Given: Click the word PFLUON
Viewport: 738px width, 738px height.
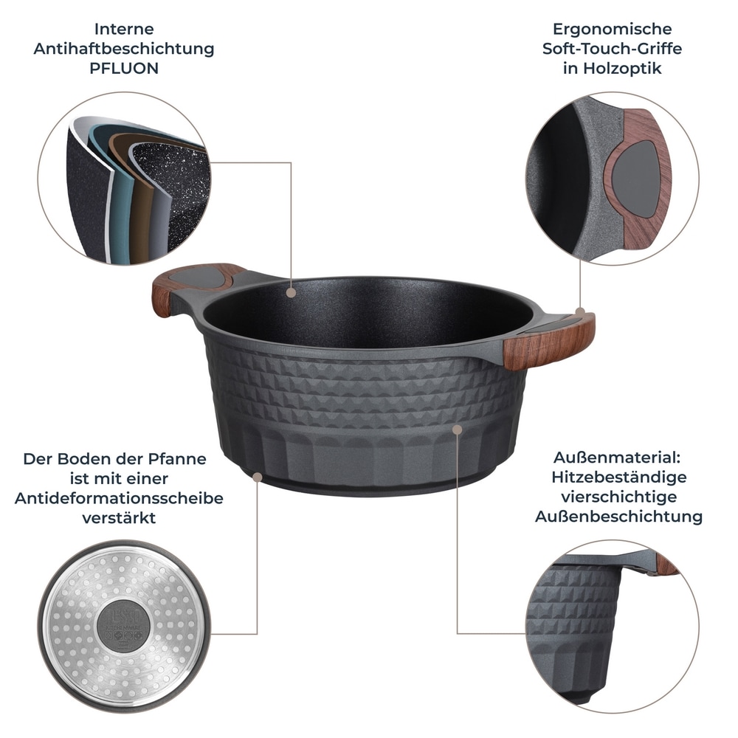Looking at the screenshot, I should tap(124, 69).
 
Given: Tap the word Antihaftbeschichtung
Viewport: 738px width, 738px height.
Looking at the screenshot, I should tap(124, 49).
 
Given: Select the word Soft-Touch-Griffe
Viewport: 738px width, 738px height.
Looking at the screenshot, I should tap(612, 49).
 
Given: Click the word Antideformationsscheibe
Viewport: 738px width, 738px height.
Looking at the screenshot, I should tap(119, 498).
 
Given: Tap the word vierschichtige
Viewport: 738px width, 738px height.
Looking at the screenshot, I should tap(618, 497).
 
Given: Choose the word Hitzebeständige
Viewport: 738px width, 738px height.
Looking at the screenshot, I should tap(618, 477).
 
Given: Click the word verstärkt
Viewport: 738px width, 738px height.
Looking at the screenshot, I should tap(119, 517).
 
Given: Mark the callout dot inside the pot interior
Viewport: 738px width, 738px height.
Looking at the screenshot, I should tap(292, 293).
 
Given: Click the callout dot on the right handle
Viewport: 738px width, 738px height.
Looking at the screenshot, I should tap(580, 312).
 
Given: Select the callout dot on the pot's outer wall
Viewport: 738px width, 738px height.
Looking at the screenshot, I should tap(458, 428).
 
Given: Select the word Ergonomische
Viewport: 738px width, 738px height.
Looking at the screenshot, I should tap(612, 30).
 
